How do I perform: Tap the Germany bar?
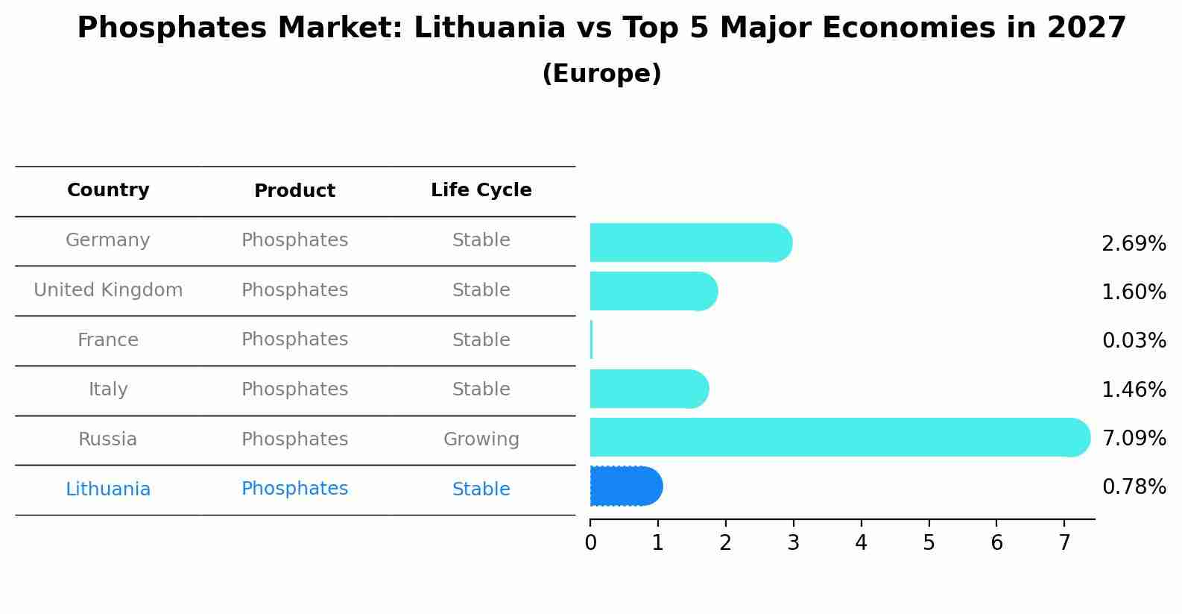point(690,242)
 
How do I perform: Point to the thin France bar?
point(591,339)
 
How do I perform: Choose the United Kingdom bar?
point(653,291)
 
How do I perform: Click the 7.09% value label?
point(1134,438)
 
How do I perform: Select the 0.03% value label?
point(1134,341)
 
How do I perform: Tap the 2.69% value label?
point(1134,244)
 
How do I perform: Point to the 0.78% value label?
point(1134,487)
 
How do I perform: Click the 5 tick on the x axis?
point(929,543)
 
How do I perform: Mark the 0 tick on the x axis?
point(590,543)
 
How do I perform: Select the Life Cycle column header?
point(481,190)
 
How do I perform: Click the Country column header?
point(108,190)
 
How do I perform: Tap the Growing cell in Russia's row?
point(481,439)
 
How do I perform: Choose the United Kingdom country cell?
point(108,290)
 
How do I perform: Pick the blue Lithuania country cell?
point(108,489)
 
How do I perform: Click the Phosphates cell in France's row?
point(294,339)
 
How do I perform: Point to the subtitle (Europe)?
point(601,74)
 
